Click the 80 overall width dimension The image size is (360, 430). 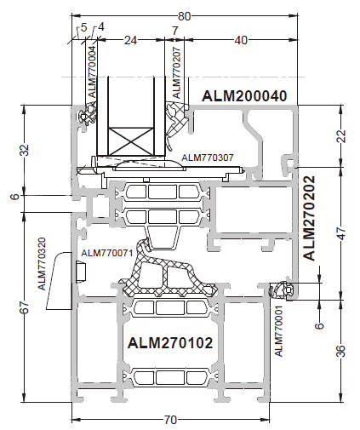[x=184, y=16]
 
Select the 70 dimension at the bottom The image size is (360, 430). [x=170, y=420]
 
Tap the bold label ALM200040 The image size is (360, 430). [x=244, y=96]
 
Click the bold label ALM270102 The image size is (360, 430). [x=170, y=342]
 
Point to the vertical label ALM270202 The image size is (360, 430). [x=309, y=218]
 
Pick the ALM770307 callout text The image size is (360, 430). [x=208, y=158]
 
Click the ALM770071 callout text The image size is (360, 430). [x=107, y=253]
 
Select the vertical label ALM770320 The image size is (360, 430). [x=42, y=264]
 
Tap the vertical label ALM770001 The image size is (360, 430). [x=279, y=331]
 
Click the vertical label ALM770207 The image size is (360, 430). [x=176, y=72]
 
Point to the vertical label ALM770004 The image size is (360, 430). [x=93, y=72]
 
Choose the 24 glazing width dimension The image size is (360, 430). [x=130, y=40]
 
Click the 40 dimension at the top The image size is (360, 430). [x=241, y=40]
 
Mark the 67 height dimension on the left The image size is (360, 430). [x=25, y=307]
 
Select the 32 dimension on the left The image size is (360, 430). [x=25, y=150]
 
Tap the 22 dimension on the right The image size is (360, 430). [x=342, y=136]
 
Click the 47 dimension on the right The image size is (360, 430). [x=342, y=233]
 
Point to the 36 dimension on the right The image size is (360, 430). [x=342, y=351]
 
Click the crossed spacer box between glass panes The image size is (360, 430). [x=130, y=141]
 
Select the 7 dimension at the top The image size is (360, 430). [x=175, y=31]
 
